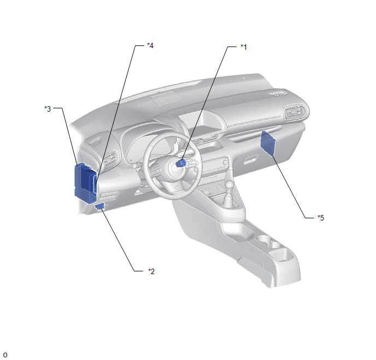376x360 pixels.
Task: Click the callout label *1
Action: (x=244, y=47)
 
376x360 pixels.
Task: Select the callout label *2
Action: (x=151, y=271)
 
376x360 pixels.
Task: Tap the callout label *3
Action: (x=48, y=109)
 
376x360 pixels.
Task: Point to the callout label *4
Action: (x=150, y=45)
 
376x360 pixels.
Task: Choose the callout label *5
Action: (x=321, y=218)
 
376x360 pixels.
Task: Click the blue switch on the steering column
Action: (x=181, y=163)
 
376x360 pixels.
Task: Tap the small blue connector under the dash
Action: (x=100, y=206)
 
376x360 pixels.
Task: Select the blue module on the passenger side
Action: (x=268, y=143)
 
